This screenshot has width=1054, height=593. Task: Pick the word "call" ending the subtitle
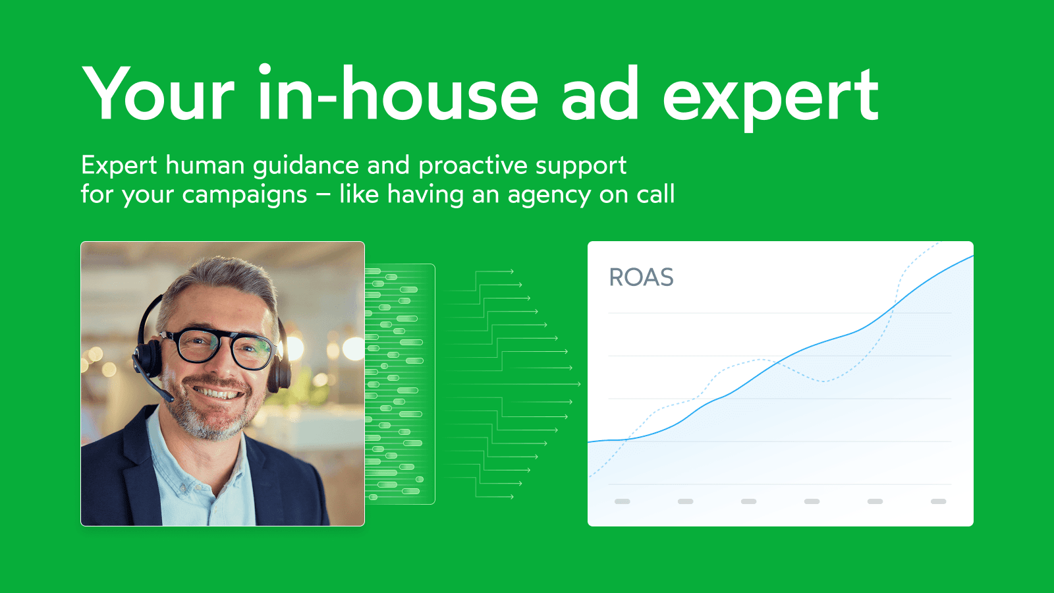(x=655, y=194)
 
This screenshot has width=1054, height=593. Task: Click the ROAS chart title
(x=641, y=277)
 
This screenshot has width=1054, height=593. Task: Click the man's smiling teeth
(x=217, y=394)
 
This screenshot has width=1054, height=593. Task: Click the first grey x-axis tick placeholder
(x=622, y=501)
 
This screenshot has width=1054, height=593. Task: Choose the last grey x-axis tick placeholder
(x=938, y=501)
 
